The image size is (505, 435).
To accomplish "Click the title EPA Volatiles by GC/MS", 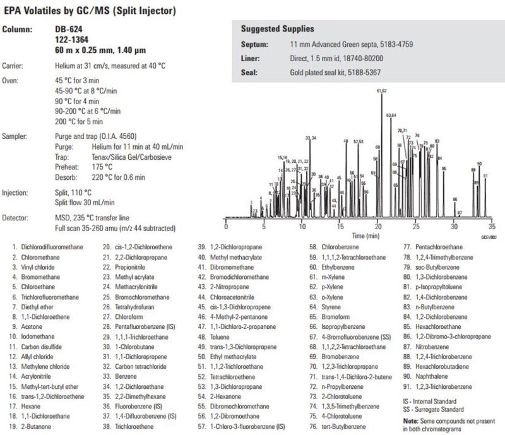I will coord(90,11).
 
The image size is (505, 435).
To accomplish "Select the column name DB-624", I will coord(68,29).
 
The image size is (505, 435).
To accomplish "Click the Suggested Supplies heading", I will coord(278,30).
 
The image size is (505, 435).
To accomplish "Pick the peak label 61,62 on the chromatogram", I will coord(382,92).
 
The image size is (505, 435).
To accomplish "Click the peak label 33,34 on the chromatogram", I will coord(311,138).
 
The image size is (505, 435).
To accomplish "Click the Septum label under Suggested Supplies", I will coord(254,45).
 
